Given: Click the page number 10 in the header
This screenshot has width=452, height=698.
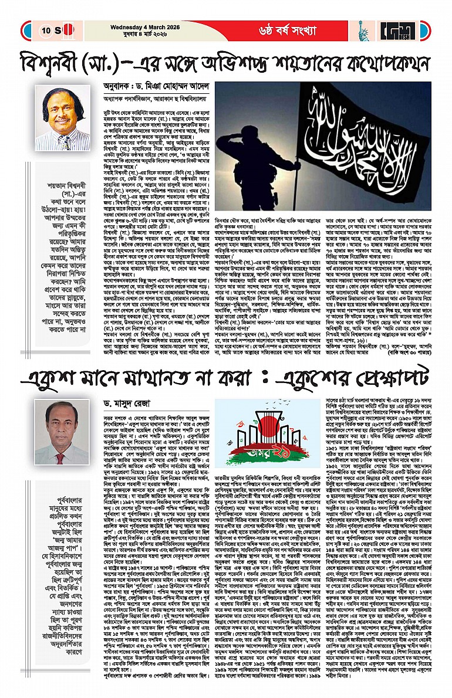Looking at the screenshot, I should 46,30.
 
